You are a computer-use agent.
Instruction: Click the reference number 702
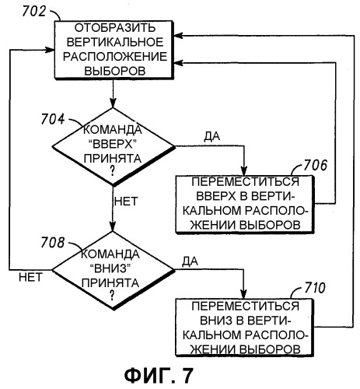coord(34,12)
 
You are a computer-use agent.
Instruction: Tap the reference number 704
coord(53,119)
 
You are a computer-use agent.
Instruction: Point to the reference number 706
coord(316,165)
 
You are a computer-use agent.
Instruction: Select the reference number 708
coord(52,243)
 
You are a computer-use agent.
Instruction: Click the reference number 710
coord(314,288)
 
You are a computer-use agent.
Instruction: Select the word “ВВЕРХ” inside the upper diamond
coord(113,144)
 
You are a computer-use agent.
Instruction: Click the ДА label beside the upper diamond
coord(212,136)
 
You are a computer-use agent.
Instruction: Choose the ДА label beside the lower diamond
coord(190,261)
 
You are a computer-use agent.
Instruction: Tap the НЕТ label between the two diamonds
coord(126,202)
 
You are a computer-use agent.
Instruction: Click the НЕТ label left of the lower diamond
coord(30,278)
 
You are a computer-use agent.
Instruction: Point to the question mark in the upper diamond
coord(112,171)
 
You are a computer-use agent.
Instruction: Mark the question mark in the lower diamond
coord(112,295)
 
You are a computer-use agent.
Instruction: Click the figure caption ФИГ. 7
coord(159,376)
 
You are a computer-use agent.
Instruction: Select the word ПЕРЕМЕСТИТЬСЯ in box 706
coord(245,182)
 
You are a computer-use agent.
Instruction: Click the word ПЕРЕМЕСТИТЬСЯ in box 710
coord(245,307)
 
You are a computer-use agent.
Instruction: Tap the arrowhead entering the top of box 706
coord(244,171)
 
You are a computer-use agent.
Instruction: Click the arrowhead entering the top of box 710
coord(244,295)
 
